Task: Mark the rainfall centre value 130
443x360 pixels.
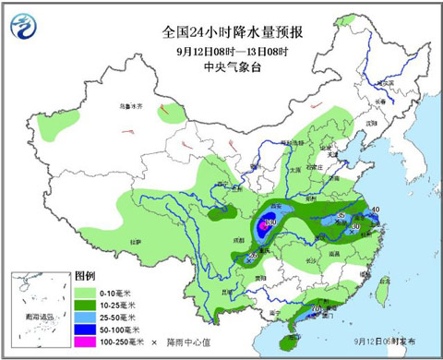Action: click(270, 222)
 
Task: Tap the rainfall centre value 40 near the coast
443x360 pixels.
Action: click(375, 210)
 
